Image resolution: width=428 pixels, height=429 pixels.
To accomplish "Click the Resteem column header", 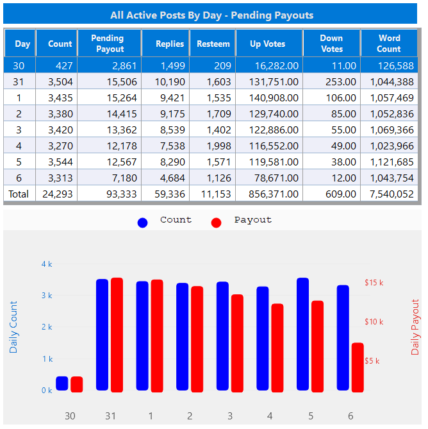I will (x=214, y=44).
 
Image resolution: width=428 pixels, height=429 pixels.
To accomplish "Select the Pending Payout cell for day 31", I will (x=105, y=81).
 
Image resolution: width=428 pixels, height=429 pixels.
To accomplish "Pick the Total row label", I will (x=19, y=194).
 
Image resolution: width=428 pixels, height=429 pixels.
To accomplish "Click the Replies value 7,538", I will (x=170, y=146).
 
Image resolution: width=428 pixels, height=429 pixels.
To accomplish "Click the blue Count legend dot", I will (x=142, y=222).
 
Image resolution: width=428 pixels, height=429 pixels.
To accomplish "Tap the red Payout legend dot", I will (x=216, y=222).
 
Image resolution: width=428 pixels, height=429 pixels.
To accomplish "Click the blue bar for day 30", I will (x=62, y=383).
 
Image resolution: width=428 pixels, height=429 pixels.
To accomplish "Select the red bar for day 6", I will (x=358, y=367).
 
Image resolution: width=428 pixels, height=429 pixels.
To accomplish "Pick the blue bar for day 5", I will (x=302, y=333).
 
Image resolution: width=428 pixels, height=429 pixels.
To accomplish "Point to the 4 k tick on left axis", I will (x=47, y=264).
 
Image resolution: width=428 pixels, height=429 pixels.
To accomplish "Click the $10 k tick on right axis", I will (x=374, y=321).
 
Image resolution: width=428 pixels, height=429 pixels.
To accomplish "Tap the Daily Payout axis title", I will (x=415, y=326).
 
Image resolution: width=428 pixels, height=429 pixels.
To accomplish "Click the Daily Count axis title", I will (x=14, y=327).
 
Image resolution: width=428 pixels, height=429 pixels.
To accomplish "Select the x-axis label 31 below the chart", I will (x=110, y=416).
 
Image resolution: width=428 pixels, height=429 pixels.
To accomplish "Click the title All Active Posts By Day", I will (x=212, y=15).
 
